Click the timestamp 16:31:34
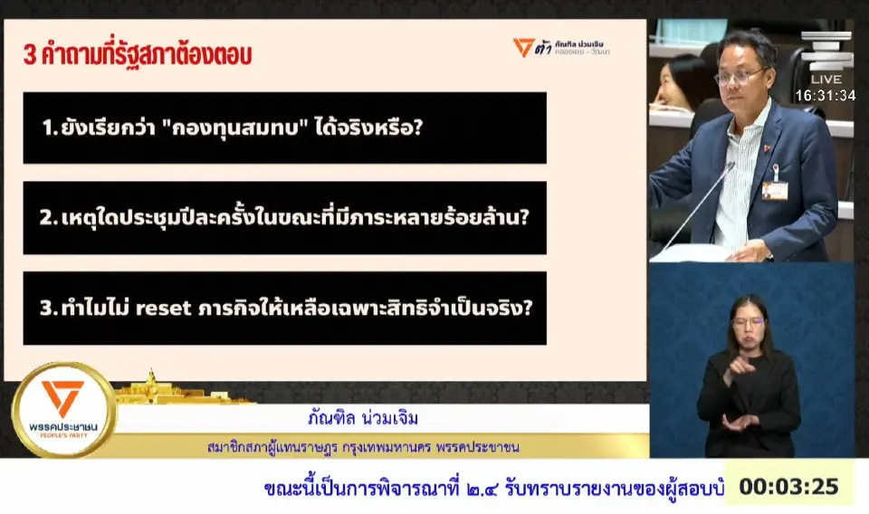point(825,95)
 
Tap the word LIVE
point(826,79)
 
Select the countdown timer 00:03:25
point(788,487)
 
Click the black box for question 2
point(284,218)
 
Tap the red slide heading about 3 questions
point(138,55)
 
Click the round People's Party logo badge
point(62,409)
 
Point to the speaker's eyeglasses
point(738,77)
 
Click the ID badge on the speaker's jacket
point(774,188)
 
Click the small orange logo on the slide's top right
point(523,47)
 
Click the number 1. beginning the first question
point(50,128)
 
